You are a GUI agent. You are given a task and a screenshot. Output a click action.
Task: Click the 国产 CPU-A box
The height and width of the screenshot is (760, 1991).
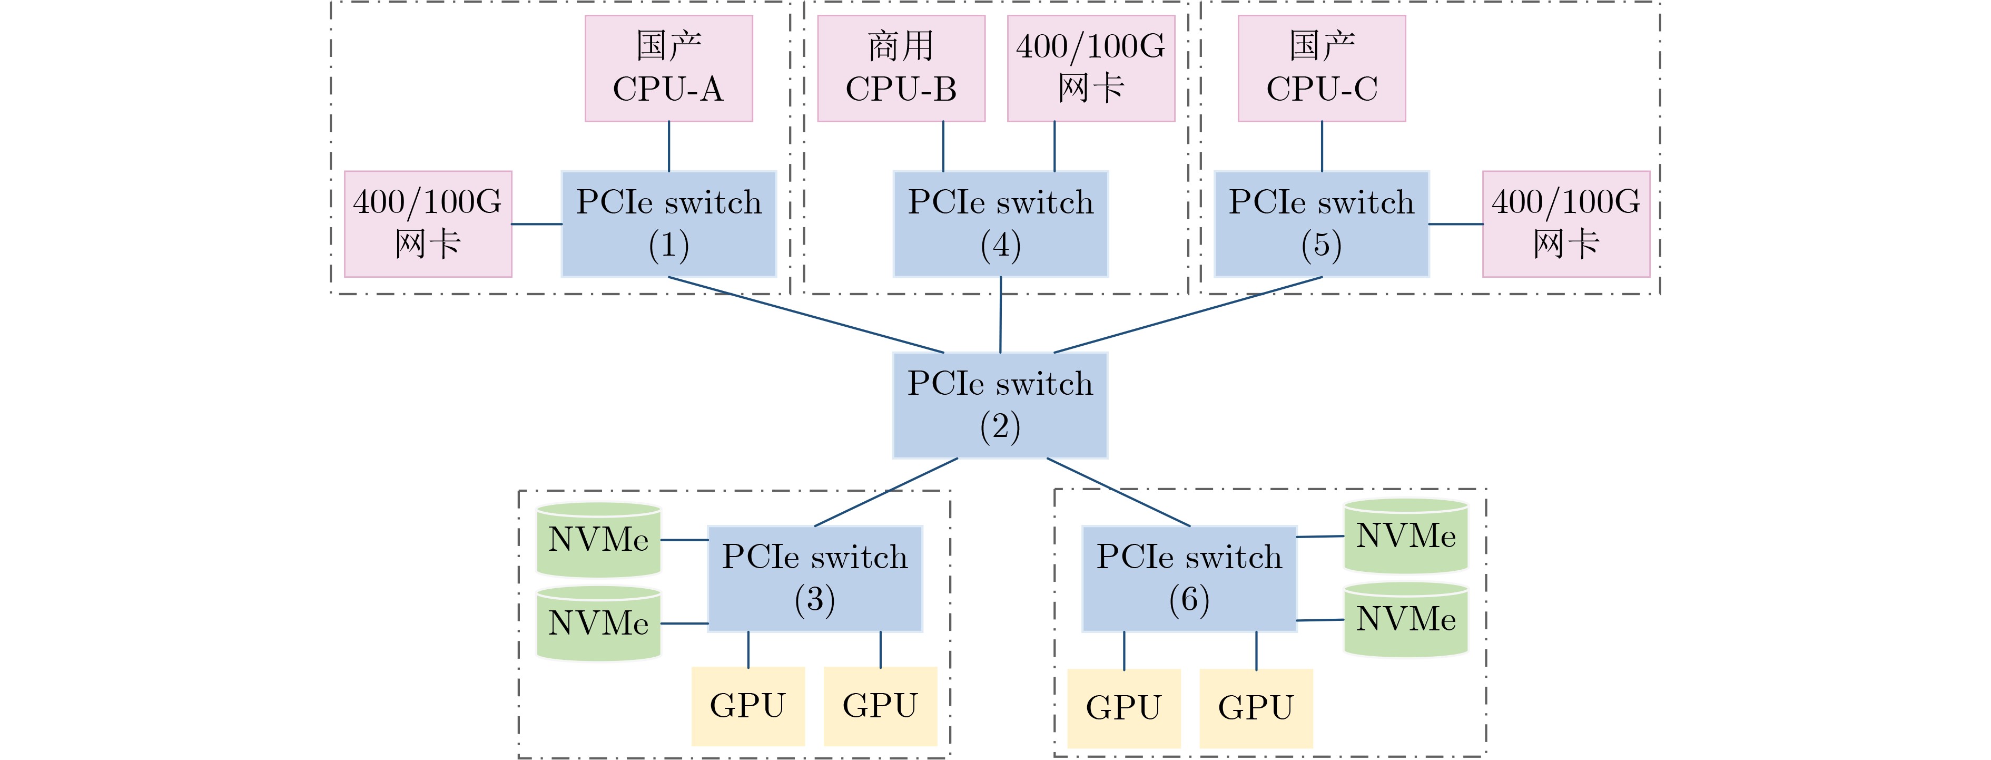click(x=668, y=68)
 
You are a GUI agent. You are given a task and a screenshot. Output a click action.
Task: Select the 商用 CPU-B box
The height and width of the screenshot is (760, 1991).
click(x=901, y=68)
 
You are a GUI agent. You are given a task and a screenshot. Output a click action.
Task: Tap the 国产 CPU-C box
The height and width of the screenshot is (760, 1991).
click(x=1322, y=68)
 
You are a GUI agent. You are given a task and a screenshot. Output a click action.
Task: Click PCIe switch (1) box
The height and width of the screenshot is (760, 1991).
click(x=668, y=224)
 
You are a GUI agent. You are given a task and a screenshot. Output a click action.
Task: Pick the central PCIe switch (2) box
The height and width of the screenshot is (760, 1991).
click(x=1000, y=405)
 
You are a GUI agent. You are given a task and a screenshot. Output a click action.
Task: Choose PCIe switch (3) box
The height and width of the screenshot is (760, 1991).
click(x=815, y=578)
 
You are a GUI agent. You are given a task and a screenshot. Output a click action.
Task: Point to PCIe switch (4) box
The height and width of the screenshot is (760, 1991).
click(x=1001, y=224)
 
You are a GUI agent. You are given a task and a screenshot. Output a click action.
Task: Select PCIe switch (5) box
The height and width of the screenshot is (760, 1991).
click(x=1322, y=224)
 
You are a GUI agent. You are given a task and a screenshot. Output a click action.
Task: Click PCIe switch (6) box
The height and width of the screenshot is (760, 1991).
click(x=1189, y=578)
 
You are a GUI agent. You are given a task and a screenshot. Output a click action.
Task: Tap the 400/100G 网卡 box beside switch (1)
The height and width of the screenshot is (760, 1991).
click(x=427, y=224)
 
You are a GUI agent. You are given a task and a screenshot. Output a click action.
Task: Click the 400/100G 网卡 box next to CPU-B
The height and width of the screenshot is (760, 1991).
click(x=1090, y=68)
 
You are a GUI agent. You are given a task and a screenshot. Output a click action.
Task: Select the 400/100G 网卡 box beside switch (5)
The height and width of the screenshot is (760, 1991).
click(x=1566, y=224)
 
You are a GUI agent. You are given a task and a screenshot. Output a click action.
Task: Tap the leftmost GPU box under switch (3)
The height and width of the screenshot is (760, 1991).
click(x=747, y=706)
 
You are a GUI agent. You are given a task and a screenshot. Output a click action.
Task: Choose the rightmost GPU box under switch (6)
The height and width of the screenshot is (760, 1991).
click(x=1256, y=707)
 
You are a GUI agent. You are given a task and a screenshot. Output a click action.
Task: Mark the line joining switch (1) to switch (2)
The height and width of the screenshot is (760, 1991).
click(x=806, y=315)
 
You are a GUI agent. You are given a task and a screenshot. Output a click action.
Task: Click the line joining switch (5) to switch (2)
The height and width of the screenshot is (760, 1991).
click(x=1188, y=315)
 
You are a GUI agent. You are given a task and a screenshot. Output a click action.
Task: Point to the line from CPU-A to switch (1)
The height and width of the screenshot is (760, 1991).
click(x=668, y=146)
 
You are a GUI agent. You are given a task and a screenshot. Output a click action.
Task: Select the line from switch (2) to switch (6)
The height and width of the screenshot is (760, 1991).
click(x=1118, y=492)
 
